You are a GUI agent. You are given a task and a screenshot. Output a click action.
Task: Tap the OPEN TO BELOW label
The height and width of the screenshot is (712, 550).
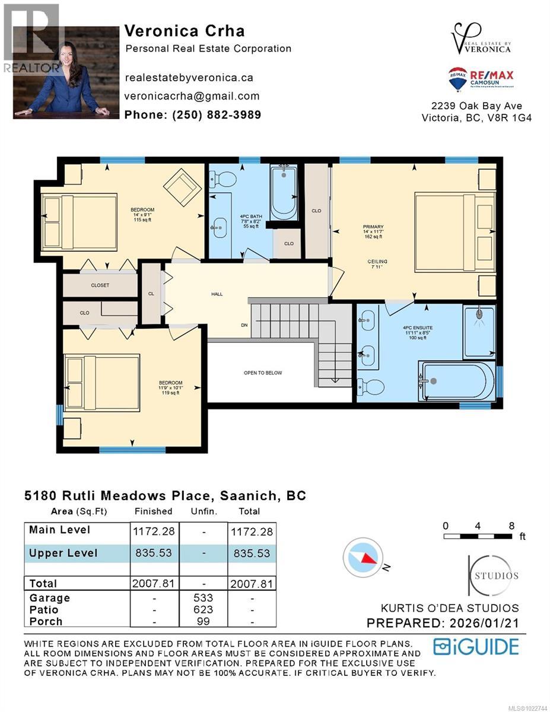pyautogui.click(x=262, y=373)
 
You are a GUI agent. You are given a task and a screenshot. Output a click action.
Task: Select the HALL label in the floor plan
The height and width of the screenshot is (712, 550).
pyautogui.click(x=217, y=294)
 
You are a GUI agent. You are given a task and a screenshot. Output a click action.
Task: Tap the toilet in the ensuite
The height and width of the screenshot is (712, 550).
pyautogui.click(x=371, y=387)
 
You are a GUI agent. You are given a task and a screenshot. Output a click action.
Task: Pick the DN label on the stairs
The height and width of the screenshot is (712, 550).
pyautogui.click(x=244, y=325)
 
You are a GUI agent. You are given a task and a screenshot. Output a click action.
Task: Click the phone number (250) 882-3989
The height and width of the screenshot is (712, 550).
pyautogui.click(x=193, y=115)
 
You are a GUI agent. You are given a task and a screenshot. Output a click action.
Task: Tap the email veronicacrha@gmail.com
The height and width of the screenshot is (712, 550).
pyautogui.click(x=192, y=96)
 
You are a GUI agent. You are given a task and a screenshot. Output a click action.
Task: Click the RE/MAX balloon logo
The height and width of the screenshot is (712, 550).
pyautogui.click(x=457, y=79)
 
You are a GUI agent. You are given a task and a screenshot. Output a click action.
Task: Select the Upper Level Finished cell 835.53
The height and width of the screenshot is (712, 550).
pyautogui.click(x=154, y=553)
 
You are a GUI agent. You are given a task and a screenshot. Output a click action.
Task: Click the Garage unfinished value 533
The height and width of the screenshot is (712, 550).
pyautogui.click(x=203, y=598)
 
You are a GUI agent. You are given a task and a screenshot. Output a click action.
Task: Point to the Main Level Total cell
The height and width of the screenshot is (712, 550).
pyautogui.click(x=251, y=532)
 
